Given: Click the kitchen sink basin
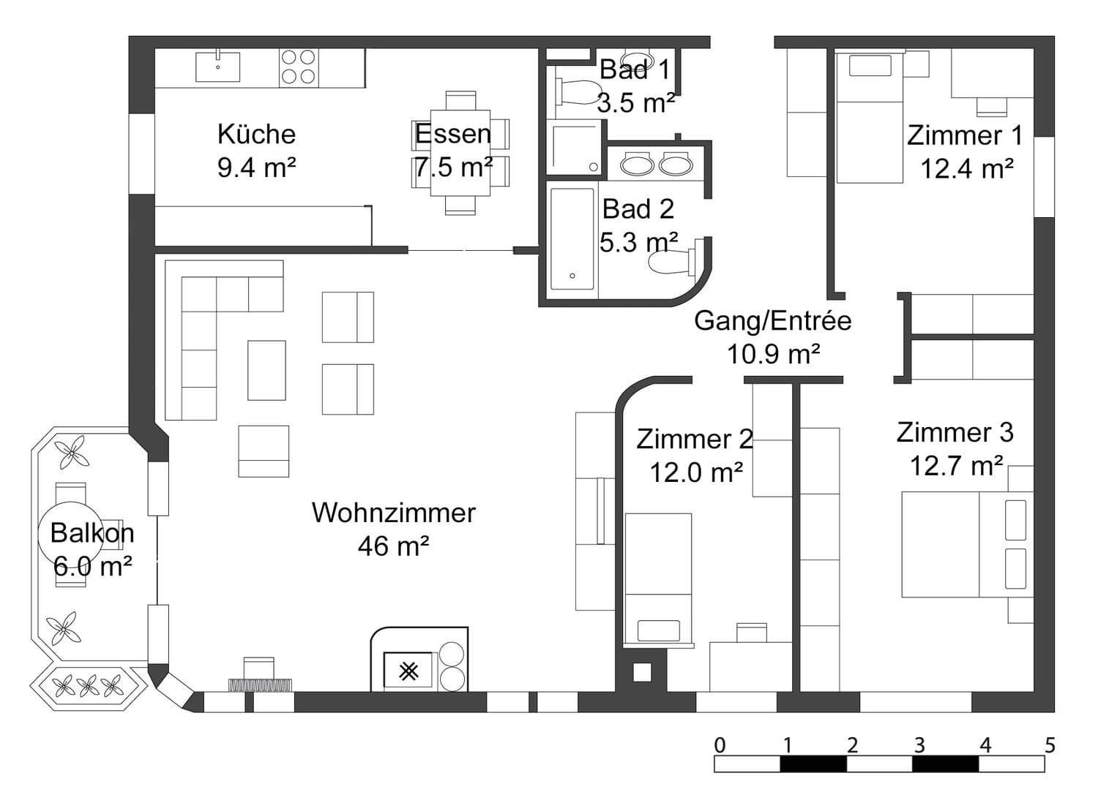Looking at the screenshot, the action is click(x=217, y=67).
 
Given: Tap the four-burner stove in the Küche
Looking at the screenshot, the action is click(x=299, y=67).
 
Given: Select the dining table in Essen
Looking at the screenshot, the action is click(x=460, y=153).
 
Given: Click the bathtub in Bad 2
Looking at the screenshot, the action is click(x=572, y=239).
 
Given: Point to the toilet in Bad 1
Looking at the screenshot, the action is click(x=577, y=93).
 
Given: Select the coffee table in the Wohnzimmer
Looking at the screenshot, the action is click(x=266, y=370).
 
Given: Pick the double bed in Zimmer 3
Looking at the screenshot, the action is click(x=968, y=544).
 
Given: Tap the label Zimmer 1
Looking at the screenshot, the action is click(x=966, y=135).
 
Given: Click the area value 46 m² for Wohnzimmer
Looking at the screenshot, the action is click(x=394, y=546).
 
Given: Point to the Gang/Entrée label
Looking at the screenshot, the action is click(x=773, y=321).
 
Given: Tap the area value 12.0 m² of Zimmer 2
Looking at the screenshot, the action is click(x=697, y=472).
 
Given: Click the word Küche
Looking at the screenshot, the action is click(x=256, y=134).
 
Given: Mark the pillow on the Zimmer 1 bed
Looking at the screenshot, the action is click(x=870, y=66).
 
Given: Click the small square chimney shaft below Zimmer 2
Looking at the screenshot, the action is click(x=642, y=672).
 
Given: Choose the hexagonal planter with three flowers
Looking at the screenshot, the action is click(x=89, y=687).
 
